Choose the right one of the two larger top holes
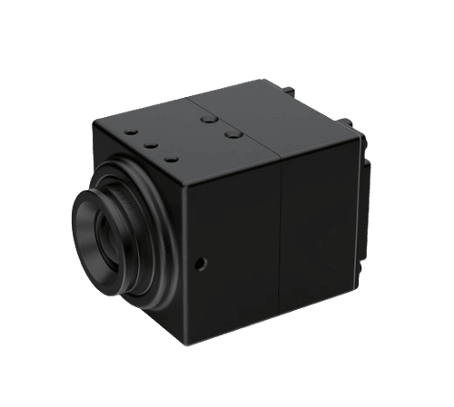pos(232,132)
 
